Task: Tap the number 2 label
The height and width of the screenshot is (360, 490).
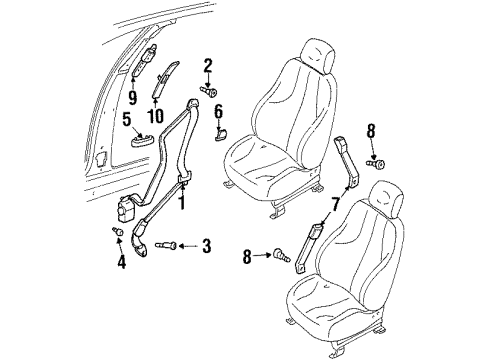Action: (209, 67)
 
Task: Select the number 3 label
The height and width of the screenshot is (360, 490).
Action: (207, 246)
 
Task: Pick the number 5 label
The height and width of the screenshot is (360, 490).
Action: (126, 120)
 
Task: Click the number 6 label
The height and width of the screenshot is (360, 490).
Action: (218, 111)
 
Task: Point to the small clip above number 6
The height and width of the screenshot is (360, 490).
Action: (221, 133)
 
